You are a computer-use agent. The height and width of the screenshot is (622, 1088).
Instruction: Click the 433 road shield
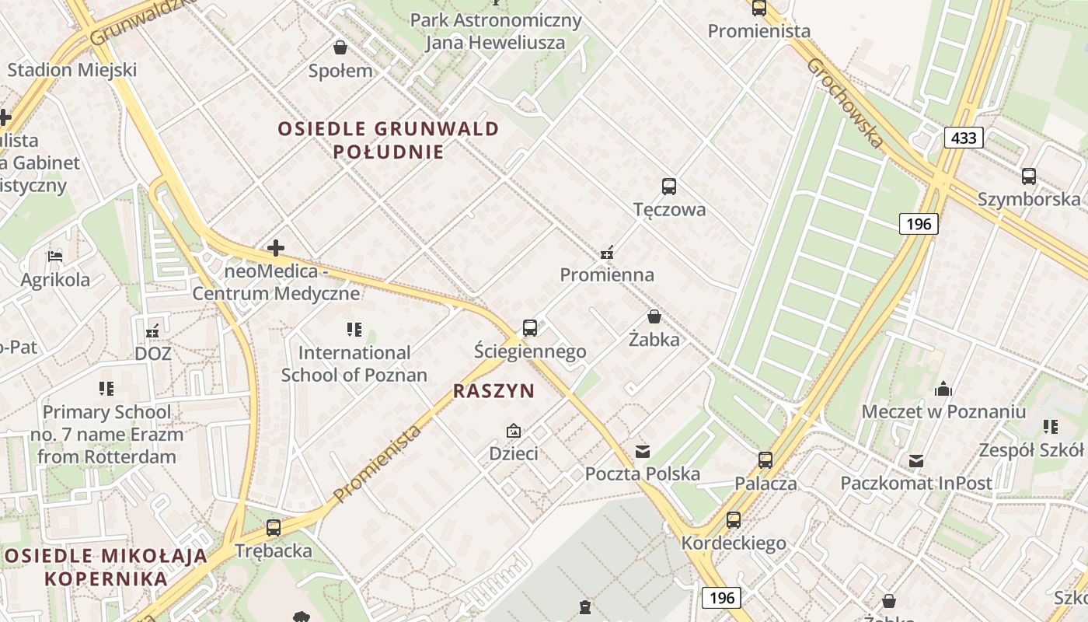(964, 138)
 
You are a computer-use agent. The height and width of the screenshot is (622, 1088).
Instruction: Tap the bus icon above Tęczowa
(669, 187)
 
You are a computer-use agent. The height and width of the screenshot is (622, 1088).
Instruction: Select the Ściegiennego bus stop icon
(530, 328)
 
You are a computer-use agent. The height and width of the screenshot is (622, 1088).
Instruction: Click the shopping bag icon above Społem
(340, 47)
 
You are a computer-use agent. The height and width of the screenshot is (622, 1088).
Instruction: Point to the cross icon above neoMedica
(276, 249)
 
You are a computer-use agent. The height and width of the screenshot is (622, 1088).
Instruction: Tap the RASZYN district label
(494, 391)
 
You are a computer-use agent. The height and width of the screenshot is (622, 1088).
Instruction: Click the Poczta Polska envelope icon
(643, 452)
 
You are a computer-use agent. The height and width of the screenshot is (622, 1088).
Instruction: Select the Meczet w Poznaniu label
(943, 411)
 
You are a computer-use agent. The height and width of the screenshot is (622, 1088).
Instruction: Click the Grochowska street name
(845, 103)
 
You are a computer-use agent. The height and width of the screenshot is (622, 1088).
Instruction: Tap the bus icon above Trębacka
(274, 528)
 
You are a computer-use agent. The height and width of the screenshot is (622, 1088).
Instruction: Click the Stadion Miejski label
(71, 70)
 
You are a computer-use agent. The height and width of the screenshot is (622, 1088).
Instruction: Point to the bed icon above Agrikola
(54, 256)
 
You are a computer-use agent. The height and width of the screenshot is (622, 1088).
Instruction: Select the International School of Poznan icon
(354, 330)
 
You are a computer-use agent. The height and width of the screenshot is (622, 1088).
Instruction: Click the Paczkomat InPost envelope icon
(916, 461)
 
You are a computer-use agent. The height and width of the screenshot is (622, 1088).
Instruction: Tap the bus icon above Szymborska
(1029, 176)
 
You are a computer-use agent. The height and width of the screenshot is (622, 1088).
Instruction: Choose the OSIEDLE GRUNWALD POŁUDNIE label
(388, 140)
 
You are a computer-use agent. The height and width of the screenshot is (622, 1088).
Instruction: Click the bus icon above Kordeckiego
(733, 520)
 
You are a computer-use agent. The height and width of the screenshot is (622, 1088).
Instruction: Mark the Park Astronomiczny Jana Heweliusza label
(496, 31)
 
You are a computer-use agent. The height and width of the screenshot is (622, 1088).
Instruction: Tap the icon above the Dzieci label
(513, 430)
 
